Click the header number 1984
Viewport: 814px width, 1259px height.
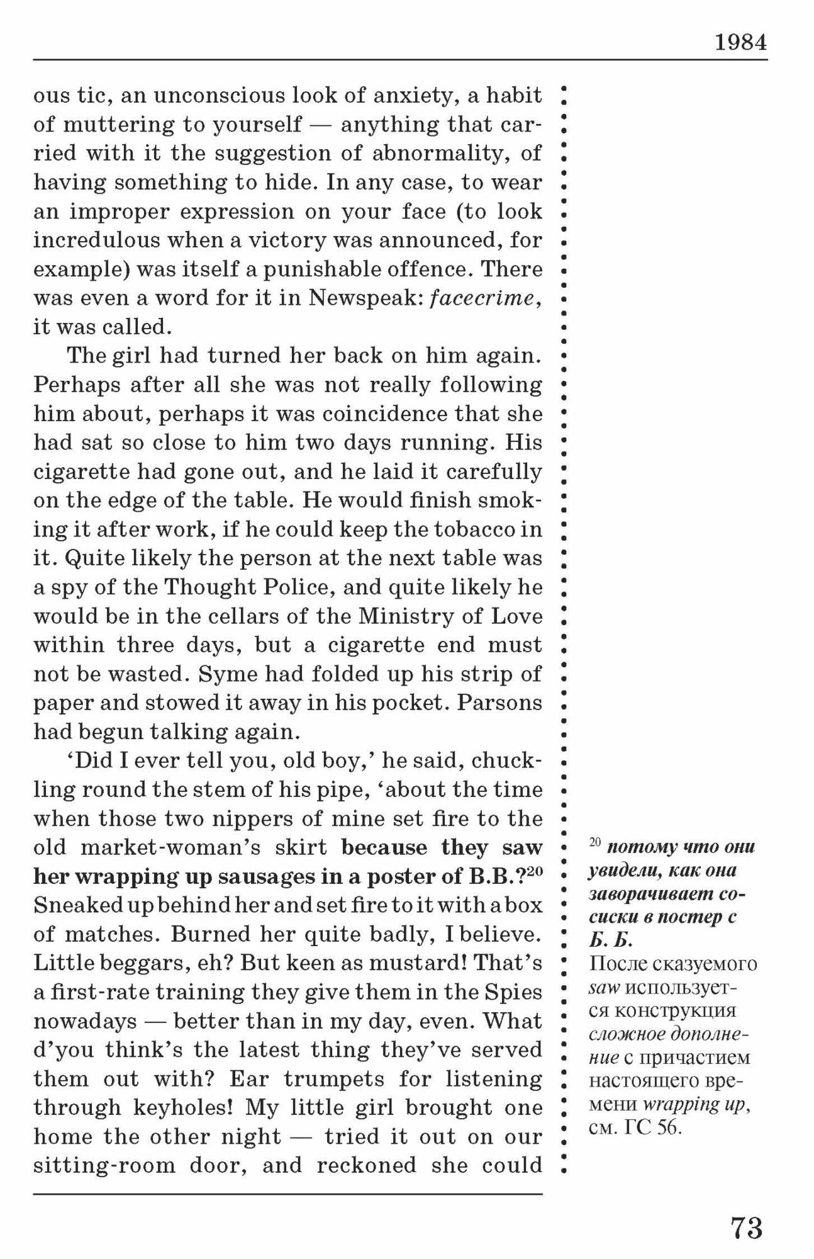[740, 42]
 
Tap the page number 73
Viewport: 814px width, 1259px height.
[747, 1228]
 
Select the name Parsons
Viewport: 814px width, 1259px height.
[499, 703]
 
